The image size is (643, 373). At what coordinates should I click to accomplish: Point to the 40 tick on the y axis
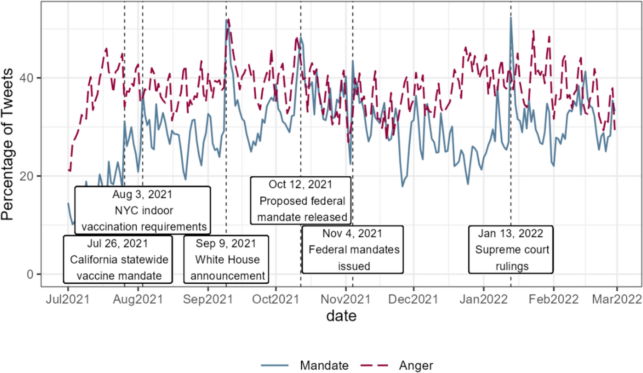(32, 78)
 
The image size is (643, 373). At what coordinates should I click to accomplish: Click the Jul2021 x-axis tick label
(68, 299)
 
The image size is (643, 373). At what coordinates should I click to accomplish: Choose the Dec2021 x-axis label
(414, 299)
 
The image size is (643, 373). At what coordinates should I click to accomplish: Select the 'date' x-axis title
(341, 317)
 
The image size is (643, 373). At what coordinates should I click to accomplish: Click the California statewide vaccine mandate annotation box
(118, 259)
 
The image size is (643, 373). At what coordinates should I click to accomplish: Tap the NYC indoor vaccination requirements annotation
(143, 210)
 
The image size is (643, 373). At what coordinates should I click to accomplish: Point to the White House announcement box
(226, 259)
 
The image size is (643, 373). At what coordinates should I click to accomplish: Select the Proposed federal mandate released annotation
(300, 200)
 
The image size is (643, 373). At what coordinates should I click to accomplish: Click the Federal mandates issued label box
(352, 249)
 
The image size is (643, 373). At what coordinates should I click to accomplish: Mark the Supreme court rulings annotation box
(511, 249)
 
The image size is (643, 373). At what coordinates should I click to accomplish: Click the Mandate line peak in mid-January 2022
(511, 18)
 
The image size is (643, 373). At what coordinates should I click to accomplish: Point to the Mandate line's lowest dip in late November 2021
(403, 186)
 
